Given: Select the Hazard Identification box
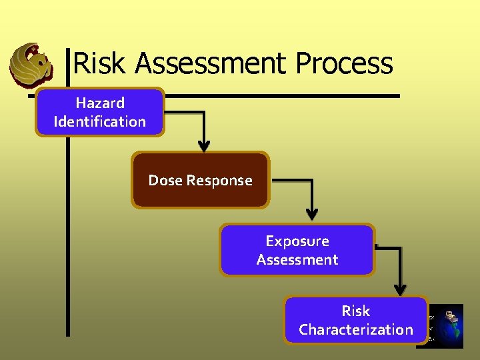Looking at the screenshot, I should pyautogui.click(x=99, y=112).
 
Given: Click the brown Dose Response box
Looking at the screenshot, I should pyautogui.click(x=200, y=180).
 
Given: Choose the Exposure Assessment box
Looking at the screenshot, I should pyautogui.click(x=297, y=250).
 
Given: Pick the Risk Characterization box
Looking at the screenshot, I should pyautogui.click(x=356, y=320).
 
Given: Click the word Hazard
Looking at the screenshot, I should pyautogui.click(x=100, y=103).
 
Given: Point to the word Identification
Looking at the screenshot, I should pyautogui.click(x=100, y=121).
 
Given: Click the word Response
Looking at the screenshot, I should pyautogui.click(x=219, y=181).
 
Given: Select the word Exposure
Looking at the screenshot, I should pyautogui.click(x=297, y=241).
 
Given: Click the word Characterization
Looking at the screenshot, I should pyautogui.click(x=356, y=329).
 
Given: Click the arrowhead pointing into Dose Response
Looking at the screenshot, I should pyautogui.click(x=204, y=146).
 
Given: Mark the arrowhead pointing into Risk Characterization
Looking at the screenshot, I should pyautogui.click(x=400, y=290).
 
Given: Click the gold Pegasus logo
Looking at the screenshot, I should pyautogui.click(x=31, y=65).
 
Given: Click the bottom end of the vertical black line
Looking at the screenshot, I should pyautogui.click(x=67, y=333).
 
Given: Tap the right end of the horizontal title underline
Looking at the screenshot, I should pyautogui.click(x=398, y=95).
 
